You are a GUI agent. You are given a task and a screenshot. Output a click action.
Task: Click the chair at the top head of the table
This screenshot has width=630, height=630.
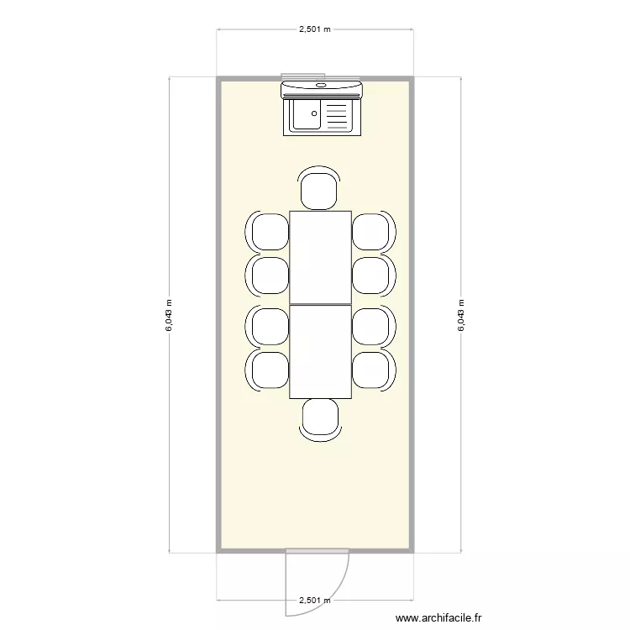click(320, 190)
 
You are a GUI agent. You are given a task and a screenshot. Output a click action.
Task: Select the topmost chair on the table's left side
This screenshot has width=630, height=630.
click(270, 232)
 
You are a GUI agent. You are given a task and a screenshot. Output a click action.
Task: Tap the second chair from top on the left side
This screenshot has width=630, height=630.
click(270, 275)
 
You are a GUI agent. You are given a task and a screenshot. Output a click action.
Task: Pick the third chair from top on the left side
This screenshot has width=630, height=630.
click(270, 327)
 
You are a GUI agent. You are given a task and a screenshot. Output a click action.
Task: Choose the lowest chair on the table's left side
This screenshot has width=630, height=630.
click(270, 370)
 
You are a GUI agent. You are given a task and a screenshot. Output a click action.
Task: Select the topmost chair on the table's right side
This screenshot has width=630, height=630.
click(370, 232)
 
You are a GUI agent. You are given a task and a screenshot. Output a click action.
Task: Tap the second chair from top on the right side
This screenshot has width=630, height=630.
click(370, 275)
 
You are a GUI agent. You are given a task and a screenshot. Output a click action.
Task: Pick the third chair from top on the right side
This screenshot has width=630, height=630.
click(370, 327)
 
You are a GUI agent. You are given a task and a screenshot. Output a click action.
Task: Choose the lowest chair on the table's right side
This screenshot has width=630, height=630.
click(370, 370)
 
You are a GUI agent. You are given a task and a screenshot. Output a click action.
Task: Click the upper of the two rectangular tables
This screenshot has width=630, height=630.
click(320, 256)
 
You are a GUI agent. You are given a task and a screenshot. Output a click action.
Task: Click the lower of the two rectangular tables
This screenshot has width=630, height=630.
click(320, 351)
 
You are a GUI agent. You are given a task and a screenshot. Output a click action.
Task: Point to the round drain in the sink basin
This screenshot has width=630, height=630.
click(314, 113)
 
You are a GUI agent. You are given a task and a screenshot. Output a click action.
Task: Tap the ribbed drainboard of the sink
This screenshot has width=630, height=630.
click(336, 116)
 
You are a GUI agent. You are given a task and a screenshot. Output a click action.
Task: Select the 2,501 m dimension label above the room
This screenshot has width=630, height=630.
click(315, 29)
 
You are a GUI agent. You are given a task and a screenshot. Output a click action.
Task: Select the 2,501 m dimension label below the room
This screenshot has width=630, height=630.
click(315, 601)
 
